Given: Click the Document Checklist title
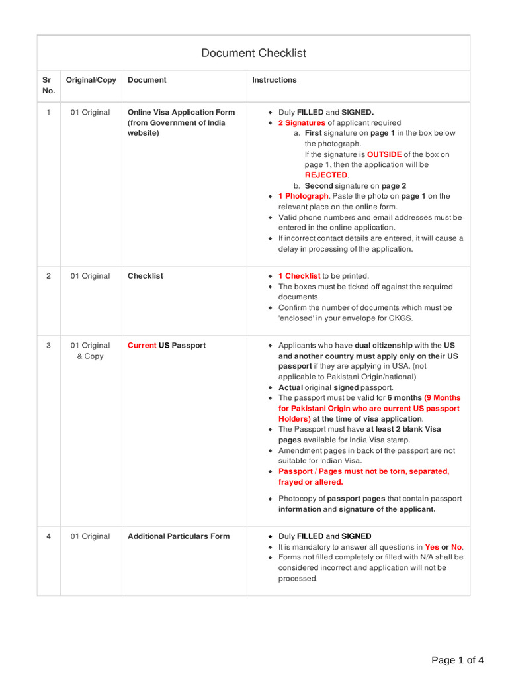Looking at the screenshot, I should point(253,53).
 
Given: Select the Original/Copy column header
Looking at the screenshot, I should point(91,80).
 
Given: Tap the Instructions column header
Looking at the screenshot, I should point(275,80).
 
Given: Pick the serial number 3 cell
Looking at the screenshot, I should point(48,346).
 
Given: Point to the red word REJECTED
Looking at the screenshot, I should point(326,175).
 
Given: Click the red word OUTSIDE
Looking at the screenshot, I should point(384,154).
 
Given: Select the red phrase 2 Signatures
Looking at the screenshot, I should point(302,122).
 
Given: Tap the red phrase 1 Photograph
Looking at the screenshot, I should point(304,196).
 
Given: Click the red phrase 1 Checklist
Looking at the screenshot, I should point(299,276).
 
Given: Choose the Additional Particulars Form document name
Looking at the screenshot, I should point(179,536).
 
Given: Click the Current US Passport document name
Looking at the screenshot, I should point(167,346).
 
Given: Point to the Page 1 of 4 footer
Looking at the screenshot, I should point(457,660).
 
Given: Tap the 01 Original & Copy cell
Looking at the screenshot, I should point(91,351).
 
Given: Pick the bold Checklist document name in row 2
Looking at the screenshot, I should point(146,276).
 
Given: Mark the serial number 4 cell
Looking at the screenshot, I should point(48,536).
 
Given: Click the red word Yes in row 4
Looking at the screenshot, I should point(432,547).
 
